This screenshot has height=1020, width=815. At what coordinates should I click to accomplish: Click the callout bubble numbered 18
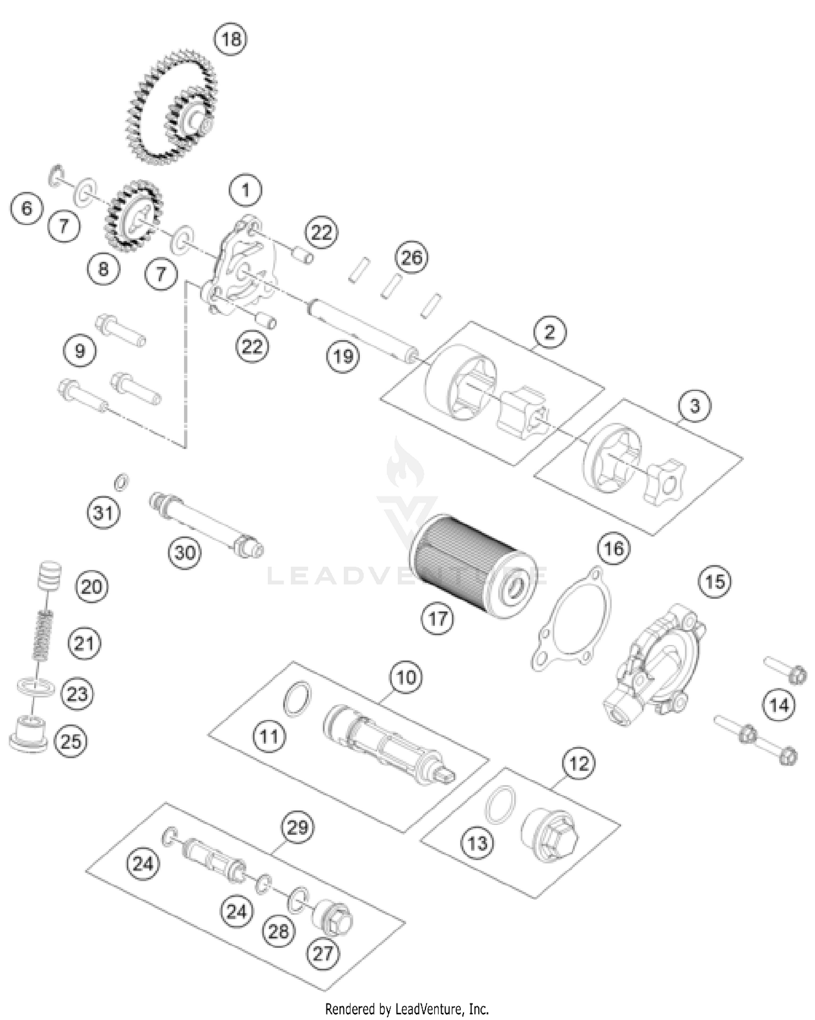coord(231,39)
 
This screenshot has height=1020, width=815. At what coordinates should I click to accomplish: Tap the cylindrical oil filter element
coord(472,565)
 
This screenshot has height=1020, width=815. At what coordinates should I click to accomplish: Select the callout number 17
coord(438,618)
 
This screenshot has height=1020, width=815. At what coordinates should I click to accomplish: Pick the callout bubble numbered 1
coord(246,190)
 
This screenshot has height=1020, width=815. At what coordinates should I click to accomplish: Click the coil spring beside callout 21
coord(43,635)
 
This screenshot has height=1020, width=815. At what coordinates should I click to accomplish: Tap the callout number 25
coord(71,741)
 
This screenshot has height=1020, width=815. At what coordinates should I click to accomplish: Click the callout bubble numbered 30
coord(185,552)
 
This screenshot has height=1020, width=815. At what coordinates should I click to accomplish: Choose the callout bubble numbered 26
coord(411,257)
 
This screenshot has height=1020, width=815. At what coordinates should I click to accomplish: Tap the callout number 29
coord(298,828)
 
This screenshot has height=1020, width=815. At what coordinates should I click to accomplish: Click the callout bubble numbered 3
coord(695,406)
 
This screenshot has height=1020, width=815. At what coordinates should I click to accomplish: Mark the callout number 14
coord(779,706)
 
